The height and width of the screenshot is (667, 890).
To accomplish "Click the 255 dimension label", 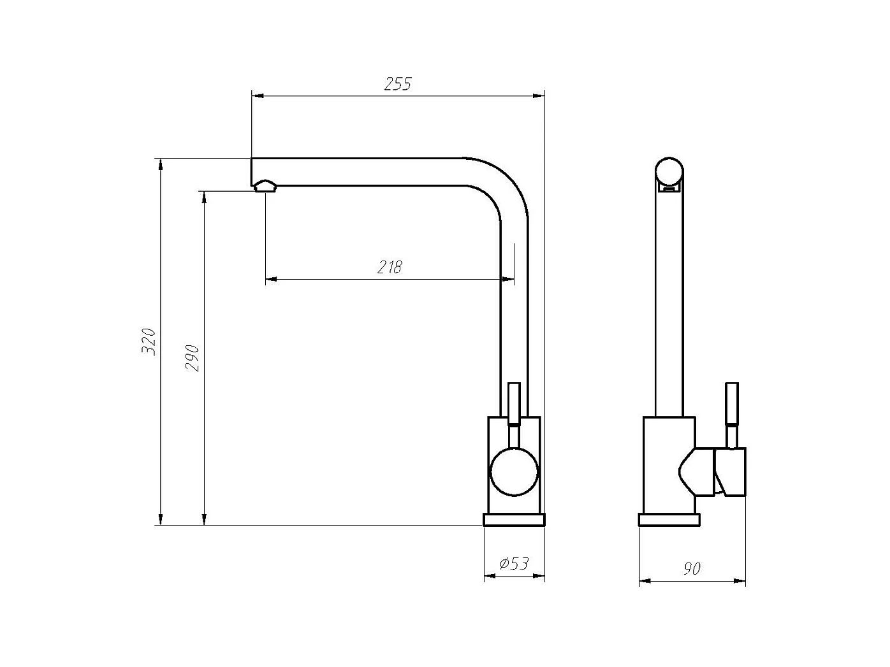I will tap(398, 84).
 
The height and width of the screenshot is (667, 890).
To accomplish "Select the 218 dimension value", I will tap(390, 267).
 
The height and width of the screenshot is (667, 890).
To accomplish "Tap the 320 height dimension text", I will tap(149, 341).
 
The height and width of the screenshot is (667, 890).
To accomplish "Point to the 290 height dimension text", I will tap(193, 358).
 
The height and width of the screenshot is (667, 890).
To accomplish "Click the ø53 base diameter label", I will tap(514, 564).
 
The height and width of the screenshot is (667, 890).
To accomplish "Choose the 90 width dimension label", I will tap(692, 568).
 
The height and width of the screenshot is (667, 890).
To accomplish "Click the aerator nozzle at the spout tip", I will tap(265, 186).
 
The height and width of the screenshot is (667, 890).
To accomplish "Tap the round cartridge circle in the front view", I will tap(514, 472).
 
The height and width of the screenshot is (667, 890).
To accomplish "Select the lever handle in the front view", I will tap(514, 404).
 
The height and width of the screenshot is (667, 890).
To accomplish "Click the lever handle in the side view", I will tap(733, 404).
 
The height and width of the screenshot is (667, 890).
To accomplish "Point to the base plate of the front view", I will tap(514, 520).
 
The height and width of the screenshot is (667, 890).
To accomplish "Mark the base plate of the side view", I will tap(669, 520).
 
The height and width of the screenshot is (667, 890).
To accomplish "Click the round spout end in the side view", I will tap(669, 171).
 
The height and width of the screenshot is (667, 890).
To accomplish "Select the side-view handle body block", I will tap(731, 471).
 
